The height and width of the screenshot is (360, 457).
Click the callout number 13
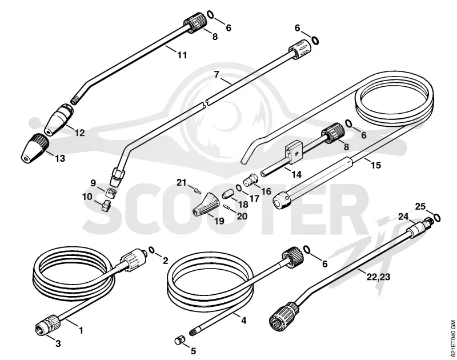tap(60, 159)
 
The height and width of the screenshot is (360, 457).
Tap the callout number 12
tap(79, 133)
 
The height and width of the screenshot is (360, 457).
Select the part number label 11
tap(182, 55)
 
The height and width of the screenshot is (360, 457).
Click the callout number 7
tap(217, 75)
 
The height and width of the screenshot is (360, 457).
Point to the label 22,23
tap(378, 277)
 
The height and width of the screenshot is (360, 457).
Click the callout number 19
tap(219, 221)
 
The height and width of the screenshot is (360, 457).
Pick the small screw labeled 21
tap(198, 191)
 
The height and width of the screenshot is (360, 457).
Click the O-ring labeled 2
tap(151, 250)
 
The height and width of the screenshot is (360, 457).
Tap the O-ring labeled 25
tap(437, 218)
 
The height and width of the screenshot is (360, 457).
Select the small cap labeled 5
tap(181, 340)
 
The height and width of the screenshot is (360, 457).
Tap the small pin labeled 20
tap(227, 206)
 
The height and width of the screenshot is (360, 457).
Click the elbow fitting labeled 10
tap(105, 205)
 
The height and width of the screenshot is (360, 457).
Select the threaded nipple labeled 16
tap(250, 179)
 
